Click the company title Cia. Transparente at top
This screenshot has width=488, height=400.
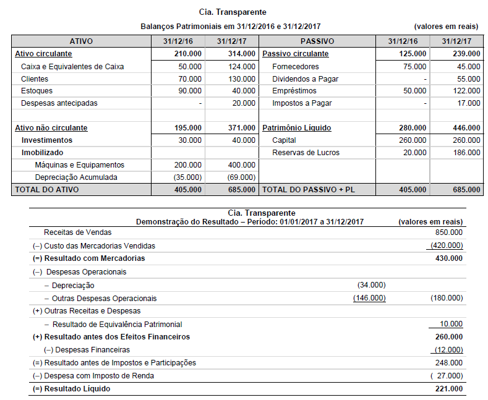(x=233, y=12)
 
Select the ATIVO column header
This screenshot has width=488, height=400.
(x=81, y=41)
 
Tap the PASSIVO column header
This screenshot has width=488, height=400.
(x=317, y=41)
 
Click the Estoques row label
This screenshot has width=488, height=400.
(x=37, y=91)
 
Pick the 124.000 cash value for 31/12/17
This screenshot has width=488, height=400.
(x=241, y=66)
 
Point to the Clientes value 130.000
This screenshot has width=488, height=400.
(x=241, y=79)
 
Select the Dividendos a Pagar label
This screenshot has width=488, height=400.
(x=305, y=79)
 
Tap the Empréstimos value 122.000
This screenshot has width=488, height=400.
(x=467, y=91)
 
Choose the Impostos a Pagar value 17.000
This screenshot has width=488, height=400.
(x=469, y=103)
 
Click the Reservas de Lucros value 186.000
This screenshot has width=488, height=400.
(x=467, y=153)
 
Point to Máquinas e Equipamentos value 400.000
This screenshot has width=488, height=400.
(x=241, y=165)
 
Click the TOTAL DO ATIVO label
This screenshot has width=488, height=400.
(x=47, y=190)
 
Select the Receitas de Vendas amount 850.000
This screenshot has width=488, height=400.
(x=448, y=233)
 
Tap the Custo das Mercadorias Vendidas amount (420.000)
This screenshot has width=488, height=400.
(x=447, y=245)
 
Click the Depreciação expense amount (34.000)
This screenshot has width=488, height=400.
(x=371, y=285)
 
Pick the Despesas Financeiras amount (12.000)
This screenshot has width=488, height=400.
(x=448, y=350)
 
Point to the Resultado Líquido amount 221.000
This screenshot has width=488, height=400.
(x=448, y=389)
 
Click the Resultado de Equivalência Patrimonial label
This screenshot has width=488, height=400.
(x=117, y=324)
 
